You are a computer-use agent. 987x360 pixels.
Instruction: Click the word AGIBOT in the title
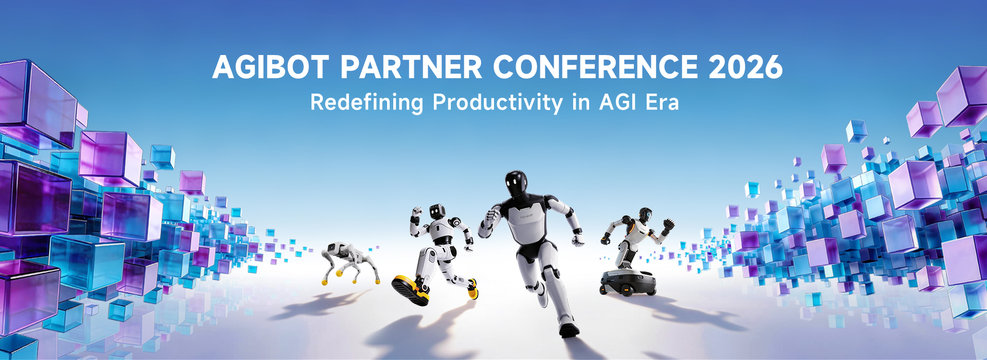pyautogui.click(x=270, y=67)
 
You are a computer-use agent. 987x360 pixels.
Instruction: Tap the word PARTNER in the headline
pyautogui.click(x=411, y=67)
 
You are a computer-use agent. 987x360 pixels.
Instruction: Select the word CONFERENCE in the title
pyautogui.click(x=595, y=67)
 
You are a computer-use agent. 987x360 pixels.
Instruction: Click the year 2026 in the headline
pyautogui.click(x=745, y=67)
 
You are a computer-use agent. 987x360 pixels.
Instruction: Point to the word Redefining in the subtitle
pyautogui.click(x=367, y=102)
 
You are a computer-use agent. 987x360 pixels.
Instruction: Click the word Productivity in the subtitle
pyautogui.click(x=498, y=102)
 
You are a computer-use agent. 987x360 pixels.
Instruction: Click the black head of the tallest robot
pyautogui.click(x=516, y=184)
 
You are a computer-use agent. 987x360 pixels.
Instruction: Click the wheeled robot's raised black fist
pyautogui.click(x=668, y=224)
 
